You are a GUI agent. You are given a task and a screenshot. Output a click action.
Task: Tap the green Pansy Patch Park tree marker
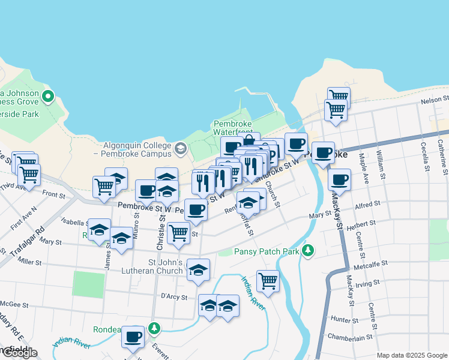309,250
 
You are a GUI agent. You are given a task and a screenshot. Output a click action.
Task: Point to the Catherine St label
441,153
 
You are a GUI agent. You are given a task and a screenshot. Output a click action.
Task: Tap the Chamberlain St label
348,338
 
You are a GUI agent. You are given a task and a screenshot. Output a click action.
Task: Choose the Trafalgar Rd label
32,239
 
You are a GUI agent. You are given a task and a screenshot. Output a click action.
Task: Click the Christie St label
162,224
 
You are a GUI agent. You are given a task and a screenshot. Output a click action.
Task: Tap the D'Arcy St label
174,296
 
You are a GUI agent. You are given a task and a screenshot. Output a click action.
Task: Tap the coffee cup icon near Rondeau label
133,337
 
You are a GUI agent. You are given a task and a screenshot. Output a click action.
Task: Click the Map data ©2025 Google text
411,355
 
